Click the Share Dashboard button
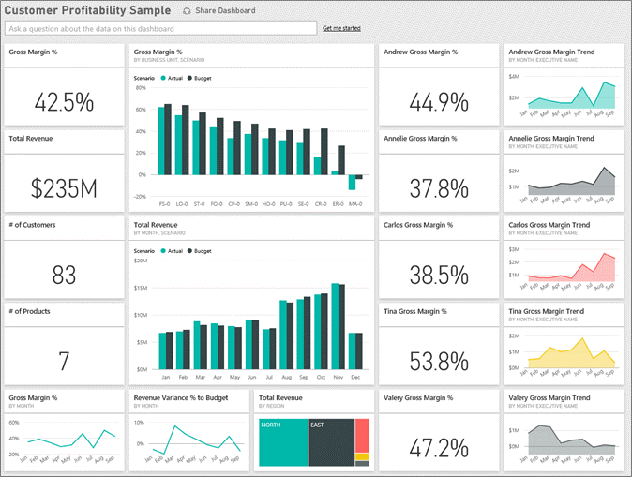[218, 11]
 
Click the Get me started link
[341, 29]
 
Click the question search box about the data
[159, 29]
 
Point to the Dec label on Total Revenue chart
[355, 378]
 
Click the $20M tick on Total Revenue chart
[140, 261]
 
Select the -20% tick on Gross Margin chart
[140, 197]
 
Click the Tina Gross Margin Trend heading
[546, 311]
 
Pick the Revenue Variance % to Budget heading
[180, 397]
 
